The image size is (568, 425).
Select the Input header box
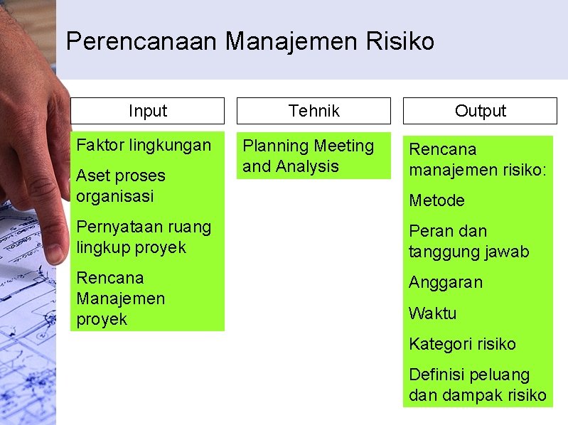147,111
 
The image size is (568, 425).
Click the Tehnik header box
314,111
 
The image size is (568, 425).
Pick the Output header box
480,111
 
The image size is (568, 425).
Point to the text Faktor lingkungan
144,145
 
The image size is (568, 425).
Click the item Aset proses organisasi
121,185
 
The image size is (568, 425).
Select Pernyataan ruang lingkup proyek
144,237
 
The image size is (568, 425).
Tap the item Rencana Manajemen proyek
121,298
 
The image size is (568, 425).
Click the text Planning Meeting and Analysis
308,156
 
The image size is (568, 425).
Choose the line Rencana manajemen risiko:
478,160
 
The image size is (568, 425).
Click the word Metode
436,200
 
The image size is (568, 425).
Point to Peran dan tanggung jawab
468,241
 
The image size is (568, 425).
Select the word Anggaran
446,282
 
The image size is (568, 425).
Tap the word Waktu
433,313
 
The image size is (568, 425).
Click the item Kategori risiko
462,344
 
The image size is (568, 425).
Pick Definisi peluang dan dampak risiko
478,384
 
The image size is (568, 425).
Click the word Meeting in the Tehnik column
344,146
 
